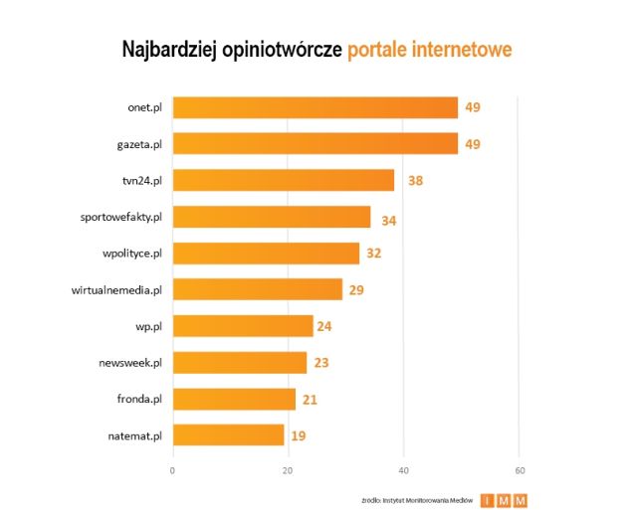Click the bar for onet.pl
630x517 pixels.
[315, 107]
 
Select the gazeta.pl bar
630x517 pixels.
[315, 144]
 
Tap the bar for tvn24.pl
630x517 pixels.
[284, 181]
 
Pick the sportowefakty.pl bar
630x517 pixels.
[272, 218]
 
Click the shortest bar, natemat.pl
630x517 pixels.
[229, 435]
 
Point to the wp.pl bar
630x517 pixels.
[243, 326]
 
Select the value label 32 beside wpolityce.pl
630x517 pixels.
[374, 254]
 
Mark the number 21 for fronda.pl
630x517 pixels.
[311, 399]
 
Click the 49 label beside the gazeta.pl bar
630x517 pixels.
[473, 145]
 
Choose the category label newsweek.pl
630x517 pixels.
[130, 363]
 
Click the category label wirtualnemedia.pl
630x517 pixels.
[116, 290]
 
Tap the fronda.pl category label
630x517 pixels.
[139, 399]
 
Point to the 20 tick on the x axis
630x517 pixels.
[289, 469]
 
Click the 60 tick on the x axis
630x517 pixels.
[519, 469]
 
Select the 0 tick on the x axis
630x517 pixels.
[174, 469]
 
